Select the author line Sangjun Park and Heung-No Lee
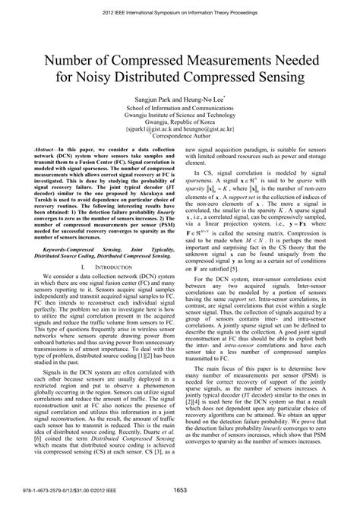179,98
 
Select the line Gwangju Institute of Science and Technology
179,116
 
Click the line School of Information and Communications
179,108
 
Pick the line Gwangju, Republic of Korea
179,125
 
